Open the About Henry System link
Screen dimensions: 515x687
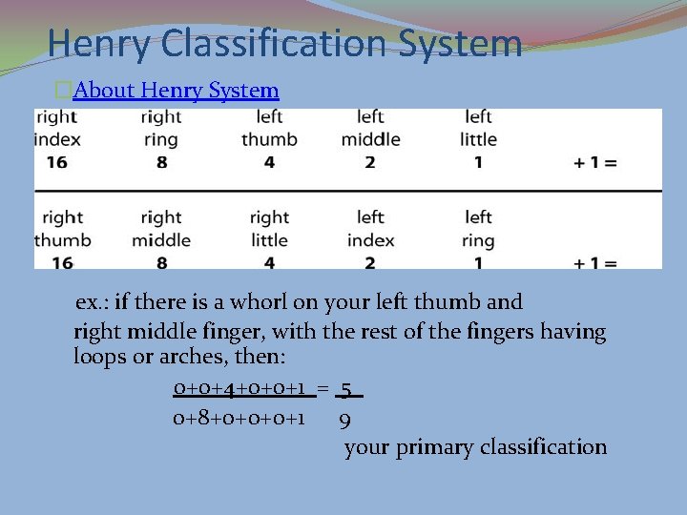[x=176, y=91]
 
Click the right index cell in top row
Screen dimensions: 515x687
[x=57, y=128]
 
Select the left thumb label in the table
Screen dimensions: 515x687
[x=269, y=128]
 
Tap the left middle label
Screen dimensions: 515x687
[x=370, y=128]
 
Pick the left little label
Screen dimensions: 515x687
[x=478, y=128]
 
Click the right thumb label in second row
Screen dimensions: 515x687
[x=62, y=229]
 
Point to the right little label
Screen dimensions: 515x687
[x=269, y=229]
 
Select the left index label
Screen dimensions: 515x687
[x=370, y=229]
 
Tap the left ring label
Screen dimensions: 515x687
[x=478, y=229]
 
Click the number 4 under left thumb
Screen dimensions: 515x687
[x=269, y=163]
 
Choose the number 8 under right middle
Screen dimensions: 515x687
[x=161, y=263]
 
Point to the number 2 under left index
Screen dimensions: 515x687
[x=370, y=263]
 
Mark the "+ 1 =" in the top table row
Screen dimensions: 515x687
[x=595, y=163]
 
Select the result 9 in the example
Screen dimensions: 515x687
[x=344, y=419]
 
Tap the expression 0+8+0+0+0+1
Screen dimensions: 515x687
[x=239, y=418]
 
